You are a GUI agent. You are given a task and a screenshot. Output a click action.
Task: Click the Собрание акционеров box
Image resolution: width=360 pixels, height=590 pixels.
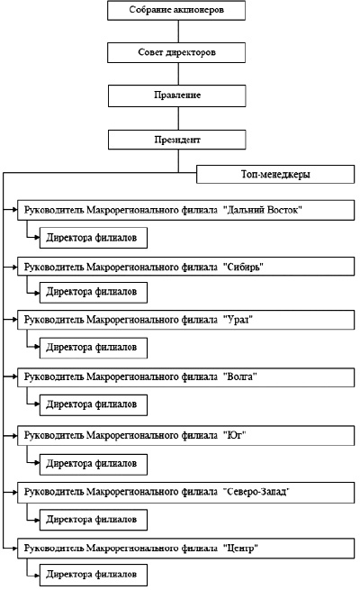pos(176,11)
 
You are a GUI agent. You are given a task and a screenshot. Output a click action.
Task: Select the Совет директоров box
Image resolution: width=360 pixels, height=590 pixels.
pos(176,52)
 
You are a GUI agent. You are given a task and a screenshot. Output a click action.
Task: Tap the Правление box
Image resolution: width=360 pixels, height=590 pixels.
pos(177,95)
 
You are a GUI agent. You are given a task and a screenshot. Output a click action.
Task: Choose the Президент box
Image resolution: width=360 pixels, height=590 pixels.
pos(177,140)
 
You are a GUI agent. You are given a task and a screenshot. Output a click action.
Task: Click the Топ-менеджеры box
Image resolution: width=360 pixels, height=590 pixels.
pos(275,174)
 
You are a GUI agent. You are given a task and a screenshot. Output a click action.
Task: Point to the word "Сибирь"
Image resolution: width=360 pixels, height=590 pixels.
pos(246,267)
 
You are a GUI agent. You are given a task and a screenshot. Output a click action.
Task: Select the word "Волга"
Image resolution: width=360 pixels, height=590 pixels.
pos(240,377)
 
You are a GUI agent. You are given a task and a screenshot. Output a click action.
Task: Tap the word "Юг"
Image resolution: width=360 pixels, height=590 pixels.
pos(235,435)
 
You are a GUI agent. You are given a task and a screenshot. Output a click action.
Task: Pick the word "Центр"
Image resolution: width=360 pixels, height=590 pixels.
pos(241,549)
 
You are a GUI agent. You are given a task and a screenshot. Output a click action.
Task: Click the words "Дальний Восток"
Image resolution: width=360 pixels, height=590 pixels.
pos(263,210)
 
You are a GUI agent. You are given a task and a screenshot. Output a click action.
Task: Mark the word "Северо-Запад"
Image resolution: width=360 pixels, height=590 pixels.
pos(256,492)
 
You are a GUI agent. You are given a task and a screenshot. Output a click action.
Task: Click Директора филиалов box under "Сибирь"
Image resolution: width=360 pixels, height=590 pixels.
pos(94,293)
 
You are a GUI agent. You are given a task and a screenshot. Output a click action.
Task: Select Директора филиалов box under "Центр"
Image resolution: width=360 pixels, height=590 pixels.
pos(94,575)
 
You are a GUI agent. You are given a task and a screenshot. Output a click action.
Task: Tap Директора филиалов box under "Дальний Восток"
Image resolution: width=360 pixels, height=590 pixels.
pos(94,238)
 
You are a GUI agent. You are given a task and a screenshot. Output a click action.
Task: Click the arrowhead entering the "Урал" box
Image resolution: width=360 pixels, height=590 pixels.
pos(14,320)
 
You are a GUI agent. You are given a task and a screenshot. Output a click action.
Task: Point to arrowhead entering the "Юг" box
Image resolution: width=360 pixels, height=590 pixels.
pos(14,435)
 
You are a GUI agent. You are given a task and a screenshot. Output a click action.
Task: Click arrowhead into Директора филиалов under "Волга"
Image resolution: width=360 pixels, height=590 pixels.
pos(37,404)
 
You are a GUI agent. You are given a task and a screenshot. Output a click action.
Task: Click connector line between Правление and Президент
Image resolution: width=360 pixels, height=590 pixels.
pos(178,119)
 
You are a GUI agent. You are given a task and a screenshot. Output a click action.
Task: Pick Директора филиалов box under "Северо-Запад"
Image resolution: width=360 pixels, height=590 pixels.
pos(94,520)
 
